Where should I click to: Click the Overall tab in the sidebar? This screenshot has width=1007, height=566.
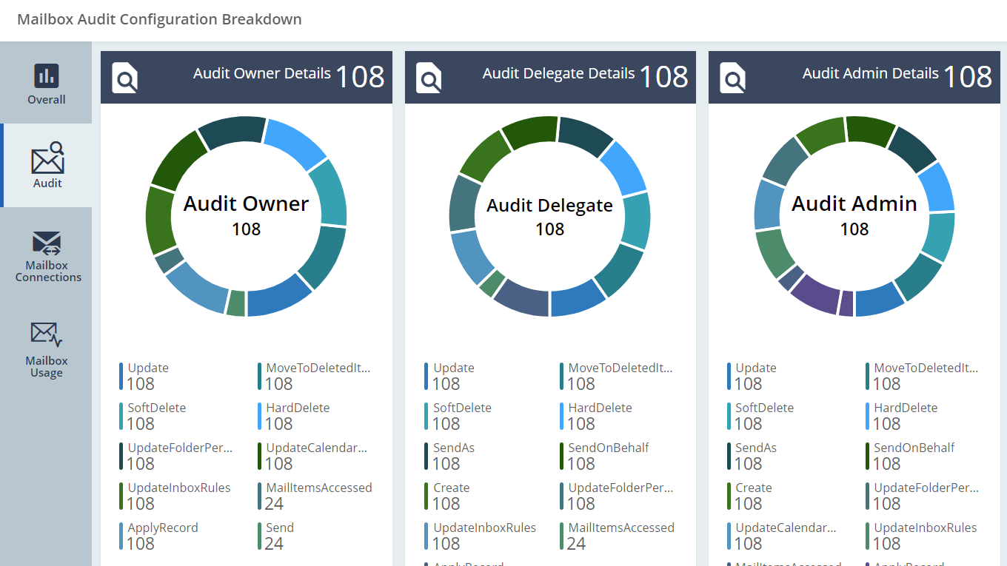(x=46, y=83)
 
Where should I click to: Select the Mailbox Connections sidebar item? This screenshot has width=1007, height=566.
(x=47, y=257)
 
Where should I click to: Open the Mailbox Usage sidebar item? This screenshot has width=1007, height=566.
(x=47, y=349)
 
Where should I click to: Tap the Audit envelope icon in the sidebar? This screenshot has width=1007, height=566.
(x=47, y=159)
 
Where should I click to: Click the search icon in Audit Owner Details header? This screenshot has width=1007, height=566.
(x=124, y=78)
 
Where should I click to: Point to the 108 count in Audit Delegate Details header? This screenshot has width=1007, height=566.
(x=663, y=77)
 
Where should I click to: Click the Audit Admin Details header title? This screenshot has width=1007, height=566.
(x=870, y=73)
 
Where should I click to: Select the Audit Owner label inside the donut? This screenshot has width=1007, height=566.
(x=246, y=203)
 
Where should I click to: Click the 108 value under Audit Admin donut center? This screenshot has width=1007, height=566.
(x=854, y=229)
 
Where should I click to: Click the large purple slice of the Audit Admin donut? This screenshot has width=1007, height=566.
(x=814, y=290)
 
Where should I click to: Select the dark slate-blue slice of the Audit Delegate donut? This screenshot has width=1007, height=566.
(x=521, y=296)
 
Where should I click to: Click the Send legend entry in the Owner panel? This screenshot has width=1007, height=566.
(x=280, y=528)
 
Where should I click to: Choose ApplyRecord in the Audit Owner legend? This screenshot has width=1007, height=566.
(x=162, y=528)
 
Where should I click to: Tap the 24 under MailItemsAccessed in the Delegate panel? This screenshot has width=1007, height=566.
(x=576, y=544)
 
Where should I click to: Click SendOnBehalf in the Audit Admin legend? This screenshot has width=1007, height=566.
(x=914, y=448)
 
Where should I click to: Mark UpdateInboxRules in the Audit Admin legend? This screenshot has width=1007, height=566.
(x=925, y=528)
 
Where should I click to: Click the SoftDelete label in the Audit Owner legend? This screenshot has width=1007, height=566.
(x=156, y=408)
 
